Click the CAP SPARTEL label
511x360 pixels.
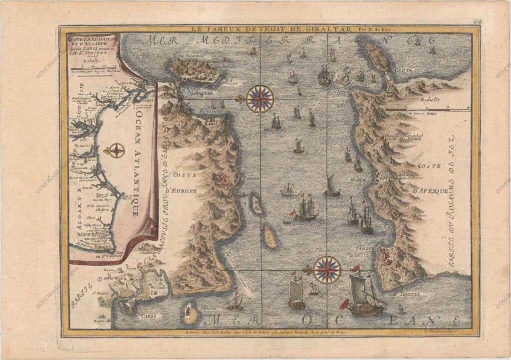[x=402, y=294]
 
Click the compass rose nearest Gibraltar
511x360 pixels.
[x=260, y=99]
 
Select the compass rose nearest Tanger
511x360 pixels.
[x=327, y=270]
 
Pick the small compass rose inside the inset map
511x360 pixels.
[x=116, y=150]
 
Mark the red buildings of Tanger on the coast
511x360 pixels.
[x=384, y=254]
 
